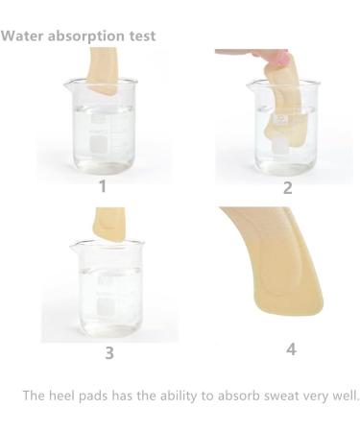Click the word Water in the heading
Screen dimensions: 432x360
[x=20, y=36]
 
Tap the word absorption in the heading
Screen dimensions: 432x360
[x=81, y=36]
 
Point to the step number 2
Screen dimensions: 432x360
[x=287, y=187]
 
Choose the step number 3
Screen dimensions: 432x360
[x=108, y=352]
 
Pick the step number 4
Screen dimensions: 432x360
[x=291, y=348]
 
